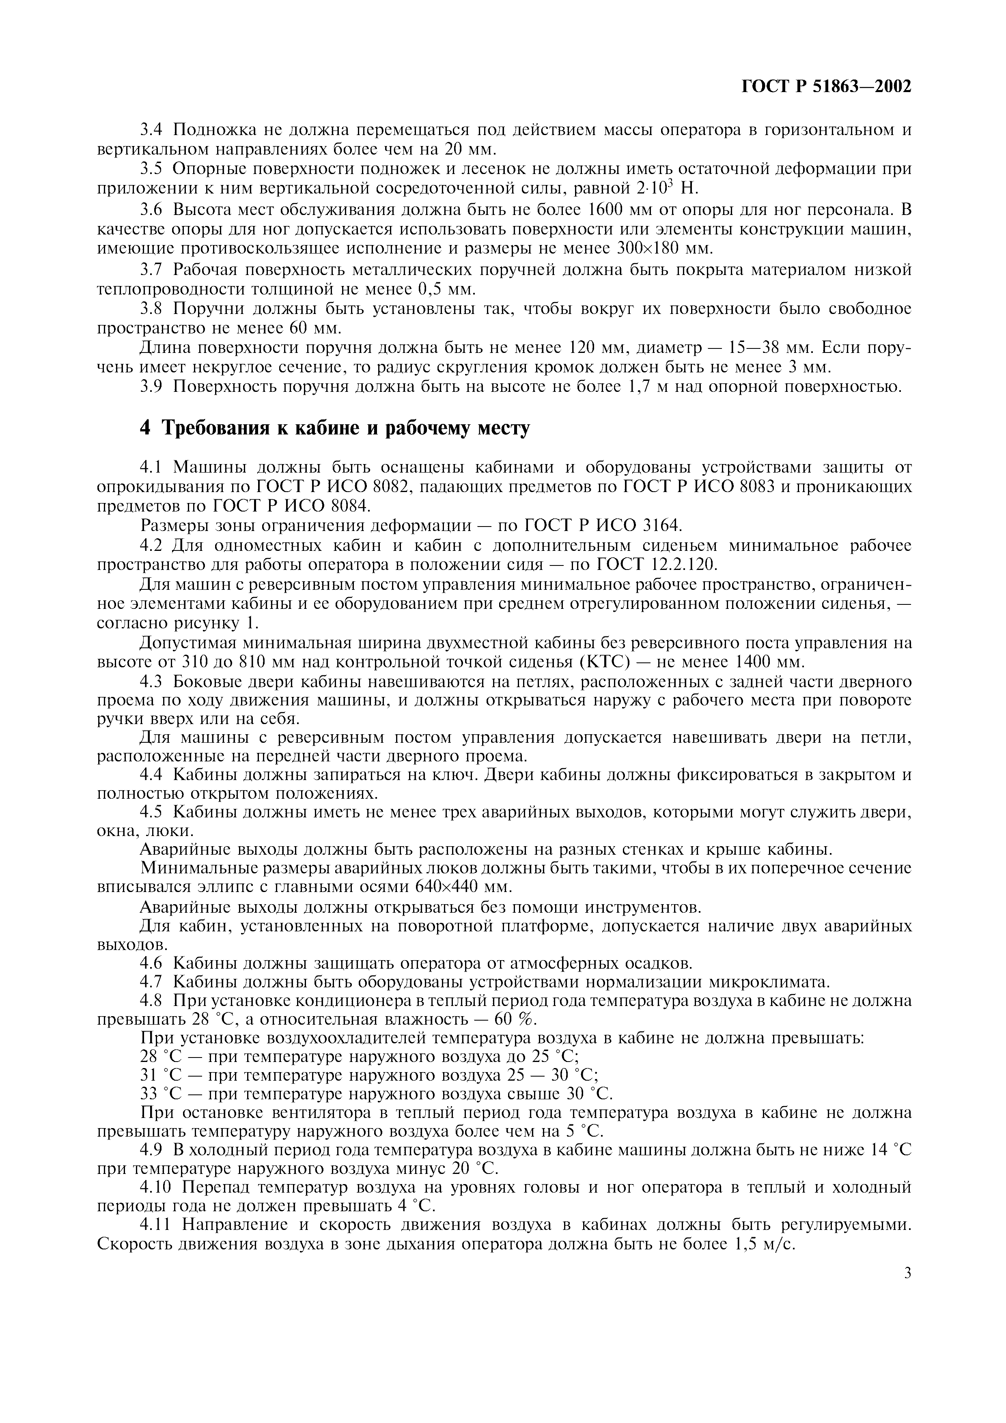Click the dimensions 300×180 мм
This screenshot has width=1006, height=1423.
666,249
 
